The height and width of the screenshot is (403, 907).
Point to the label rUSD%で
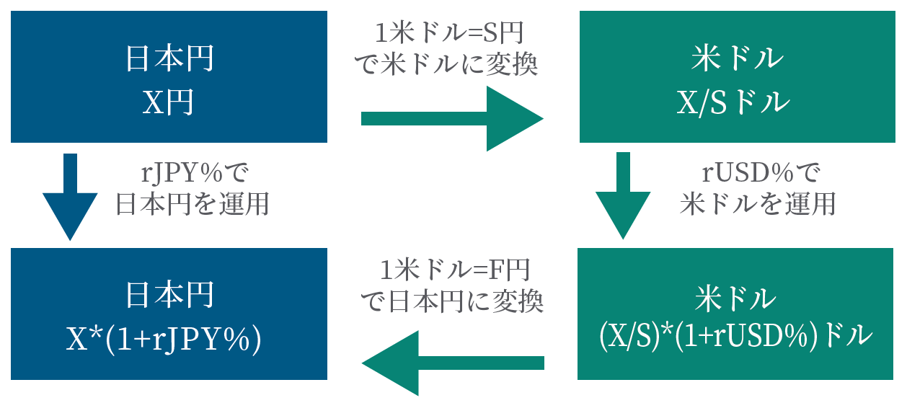tap(756, 173)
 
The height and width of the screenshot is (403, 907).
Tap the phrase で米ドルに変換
tap(448, 66)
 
